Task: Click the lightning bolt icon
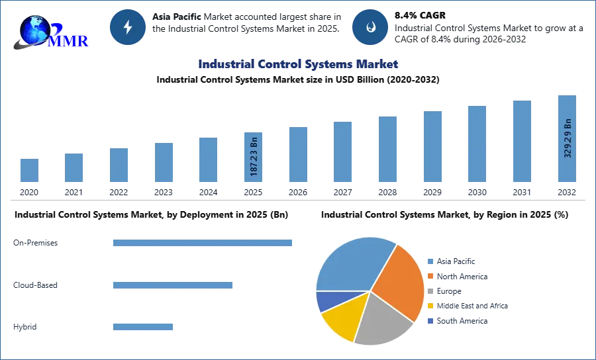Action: coord(128,27)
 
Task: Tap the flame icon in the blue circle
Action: coord(370,27)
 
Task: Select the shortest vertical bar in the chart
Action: coord(29,171)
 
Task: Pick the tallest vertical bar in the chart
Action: coord(567,139)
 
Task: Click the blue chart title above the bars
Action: coord(299,64)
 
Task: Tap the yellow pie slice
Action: coord(344,316)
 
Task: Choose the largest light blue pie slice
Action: coord(351,265)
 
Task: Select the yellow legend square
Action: coord(430,306)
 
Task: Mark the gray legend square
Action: coord(430,291)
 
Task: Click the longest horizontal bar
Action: coord(203,244)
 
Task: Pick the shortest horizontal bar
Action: coord(142,328)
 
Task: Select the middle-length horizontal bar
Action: coord(172,286)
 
